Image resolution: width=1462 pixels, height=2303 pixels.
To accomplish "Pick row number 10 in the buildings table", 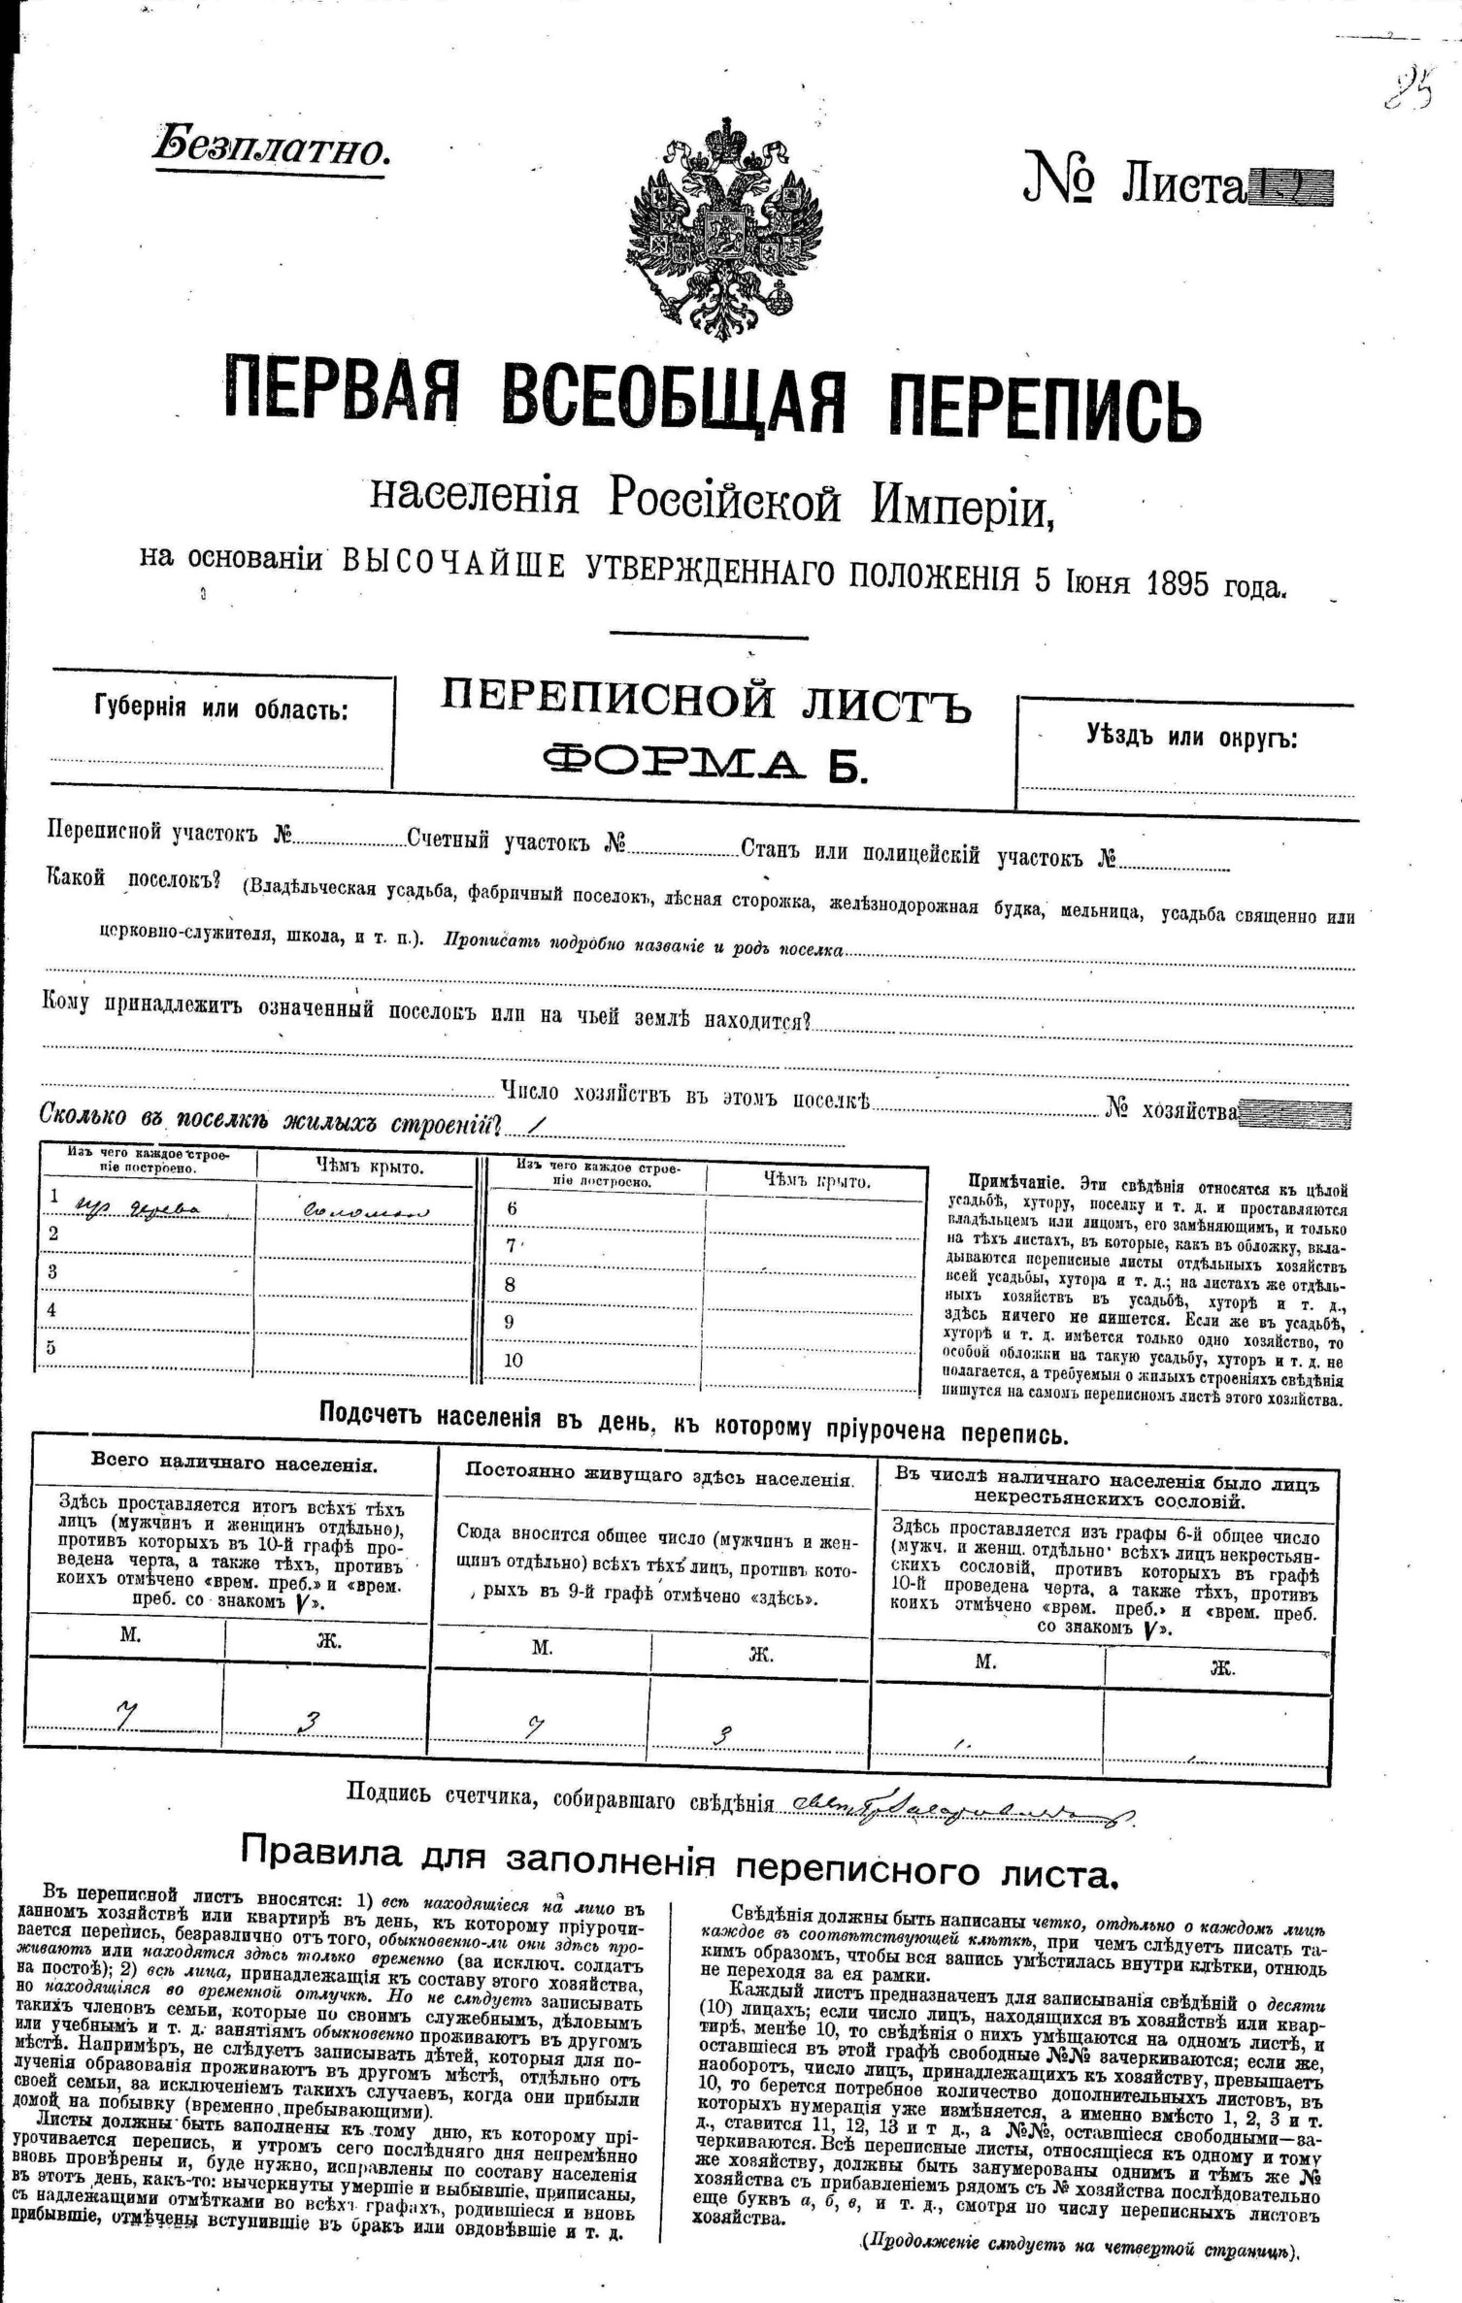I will point(513,1360).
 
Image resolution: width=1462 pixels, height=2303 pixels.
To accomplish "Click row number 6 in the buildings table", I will point(512,1208).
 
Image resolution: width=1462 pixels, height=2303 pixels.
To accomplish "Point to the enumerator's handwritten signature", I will point(961,1803).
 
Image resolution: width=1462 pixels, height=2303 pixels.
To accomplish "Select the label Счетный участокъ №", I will point(515,840).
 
